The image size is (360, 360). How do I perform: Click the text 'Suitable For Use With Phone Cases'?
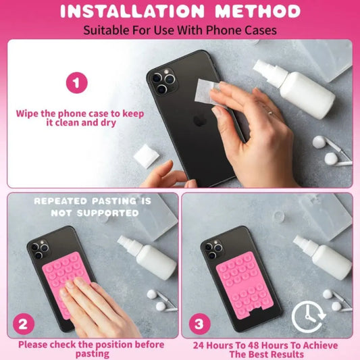click(180, 30)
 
